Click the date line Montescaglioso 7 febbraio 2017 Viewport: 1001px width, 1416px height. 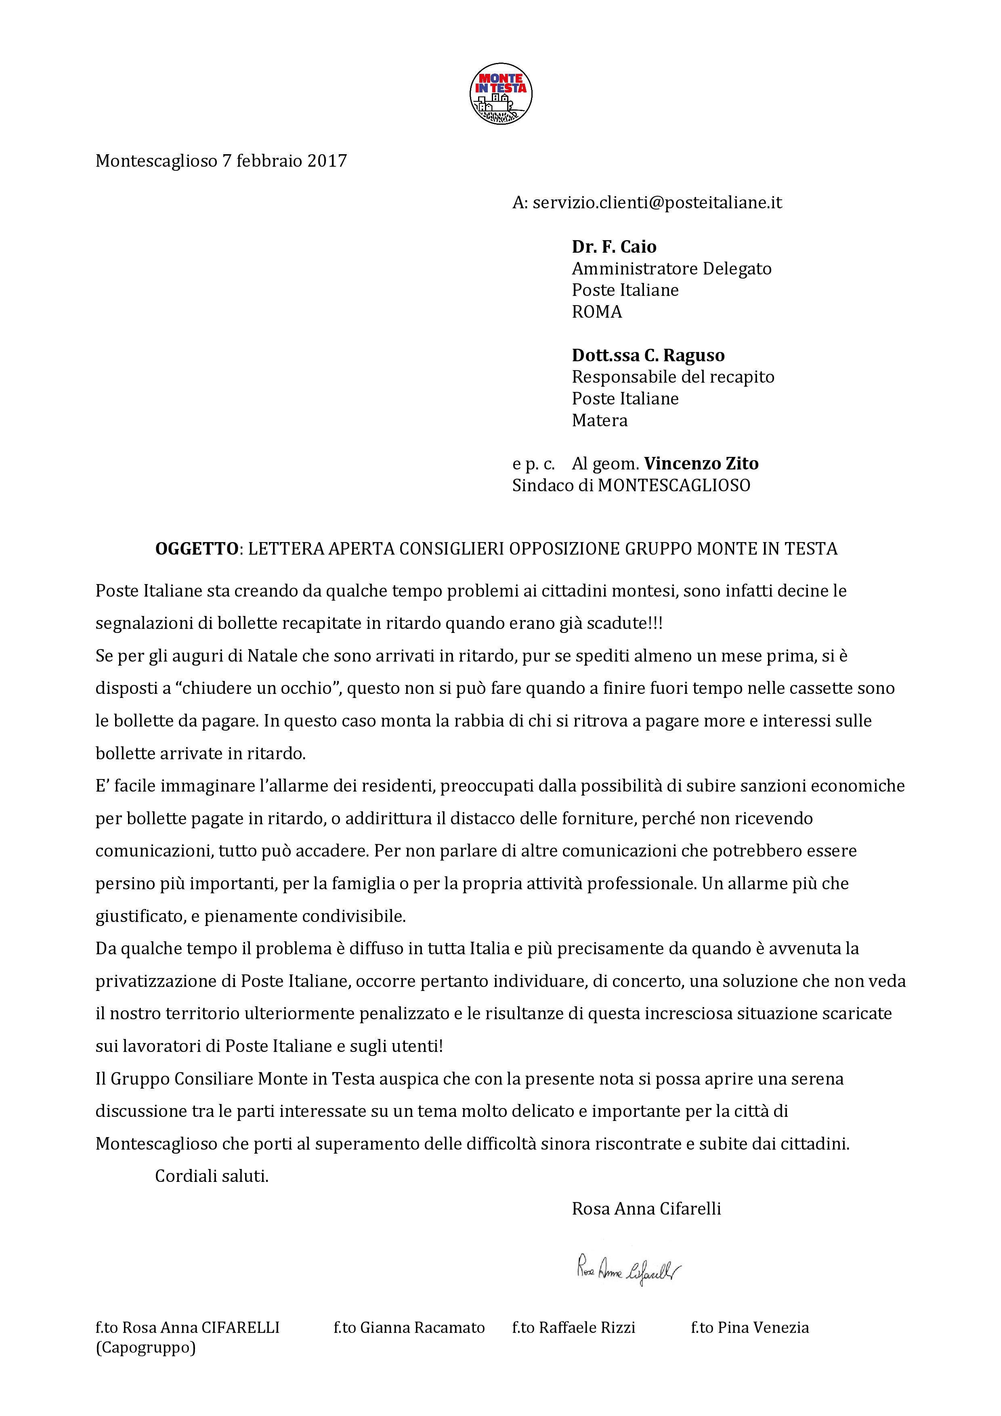[221, 161]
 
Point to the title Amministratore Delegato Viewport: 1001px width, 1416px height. [671, 269]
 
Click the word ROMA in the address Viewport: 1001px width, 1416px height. [596, 312]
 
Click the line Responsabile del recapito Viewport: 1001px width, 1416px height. [672, 377]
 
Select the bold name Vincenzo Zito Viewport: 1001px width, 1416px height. [701, 464]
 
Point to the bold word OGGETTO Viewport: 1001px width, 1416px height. [196, 549]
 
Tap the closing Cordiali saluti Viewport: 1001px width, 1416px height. [212, 1176]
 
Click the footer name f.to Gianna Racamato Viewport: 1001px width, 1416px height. [409, 1327]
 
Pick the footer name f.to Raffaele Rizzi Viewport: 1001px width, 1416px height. [573, 1327]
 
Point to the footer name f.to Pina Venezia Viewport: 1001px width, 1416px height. [749, 1327]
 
